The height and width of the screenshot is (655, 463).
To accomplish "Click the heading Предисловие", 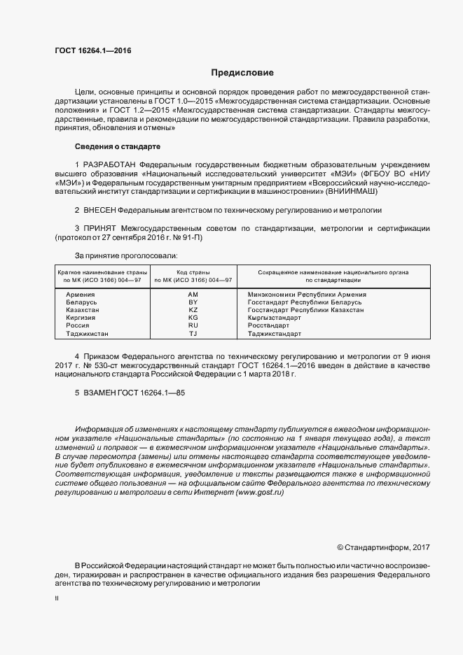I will tap(242, 73).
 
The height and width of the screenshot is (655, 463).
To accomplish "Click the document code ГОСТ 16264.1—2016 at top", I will tap(92, 51).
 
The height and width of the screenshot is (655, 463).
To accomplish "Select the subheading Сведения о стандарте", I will tap(117, 147).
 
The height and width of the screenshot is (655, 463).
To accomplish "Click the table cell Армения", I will tap(81, 295).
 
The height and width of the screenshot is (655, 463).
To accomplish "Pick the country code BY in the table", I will tap(193, 302).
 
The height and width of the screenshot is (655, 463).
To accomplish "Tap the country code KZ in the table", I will tap(193, 309).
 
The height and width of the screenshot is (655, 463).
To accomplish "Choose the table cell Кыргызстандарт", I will tap(275, 318).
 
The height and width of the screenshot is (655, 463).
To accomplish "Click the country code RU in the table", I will tap(193, 325).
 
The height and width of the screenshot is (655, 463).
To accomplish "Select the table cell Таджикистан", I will tap(88, 334).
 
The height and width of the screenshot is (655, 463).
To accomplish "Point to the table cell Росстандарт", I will tap(268, 325).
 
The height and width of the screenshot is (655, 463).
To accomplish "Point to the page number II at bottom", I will tap(57, 599).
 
